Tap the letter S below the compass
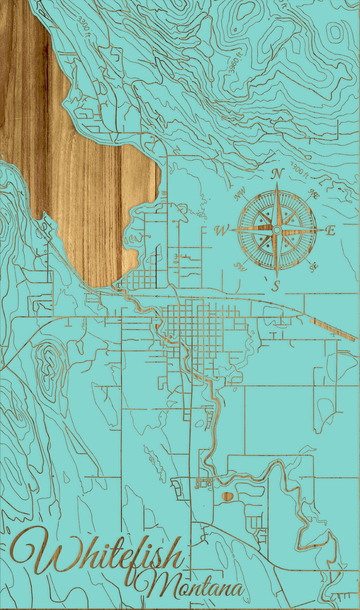tap(275, 286)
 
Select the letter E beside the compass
tap(330, 230)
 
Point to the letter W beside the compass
tap(220, 230)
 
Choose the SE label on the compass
tap(314, 266)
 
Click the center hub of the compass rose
tap(276, 229)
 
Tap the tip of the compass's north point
tap(277, 184)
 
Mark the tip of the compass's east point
tap(321, 229)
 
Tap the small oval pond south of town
tap(227, 496)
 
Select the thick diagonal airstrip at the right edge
tap(332, 329)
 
